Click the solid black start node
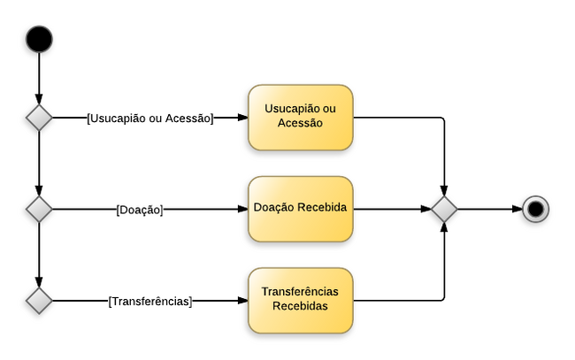pyautogui.click(x=39, y=39)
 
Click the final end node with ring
pyautogui.click(x=536, y=209)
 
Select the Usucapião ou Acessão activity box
pyautogui.click(x=300, y=117)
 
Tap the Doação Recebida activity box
pyautogui.click(x=300, y=209)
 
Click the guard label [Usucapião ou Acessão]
pyautogui.click(x=150, y=118)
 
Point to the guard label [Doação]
pyautogui.click(x=140, y=210)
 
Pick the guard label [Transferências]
pyautogui.click(x=150, y=301)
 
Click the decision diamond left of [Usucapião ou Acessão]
pyautogui.click(x=39, y=118)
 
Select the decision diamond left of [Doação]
pyautogui.click(x=39, y=210)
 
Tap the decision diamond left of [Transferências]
pyautogui.click(x=39, y=301)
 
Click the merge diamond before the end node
pyautogui.click(x=444, y=210)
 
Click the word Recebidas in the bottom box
pyautogui.click(x=300, y=307)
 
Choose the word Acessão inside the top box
pyautogui.click(x=300, y=124)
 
